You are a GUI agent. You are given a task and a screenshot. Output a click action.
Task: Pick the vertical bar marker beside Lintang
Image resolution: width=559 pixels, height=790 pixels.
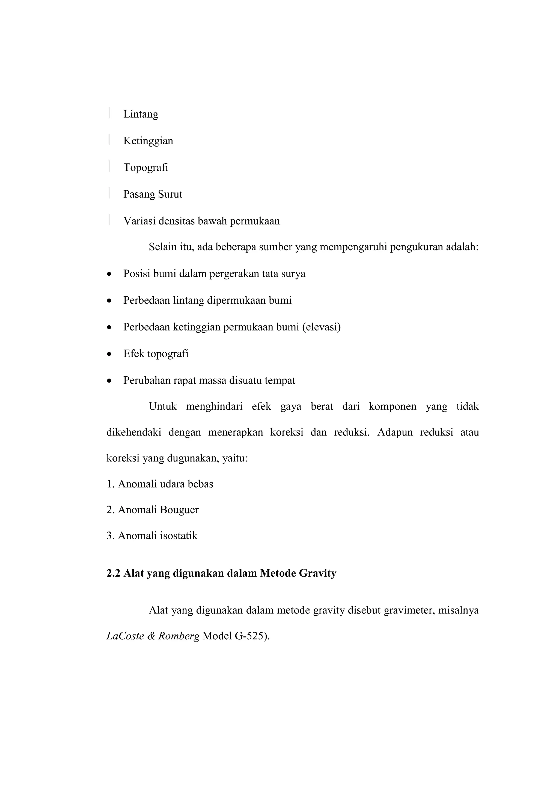[109, 113]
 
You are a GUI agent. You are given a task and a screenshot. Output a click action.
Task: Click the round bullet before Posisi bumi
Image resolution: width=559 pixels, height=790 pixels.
[109, 274]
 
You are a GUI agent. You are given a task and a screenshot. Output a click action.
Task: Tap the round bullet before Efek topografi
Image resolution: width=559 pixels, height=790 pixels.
[109, 354]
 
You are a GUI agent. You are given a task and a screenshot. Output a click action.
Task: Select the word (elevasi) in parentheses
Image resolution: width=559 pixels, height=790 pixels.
[321, 327]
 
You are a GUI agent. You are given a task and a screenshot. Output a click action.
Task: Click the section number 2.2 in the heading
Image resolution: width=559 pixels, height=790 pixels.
[113, 573]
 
